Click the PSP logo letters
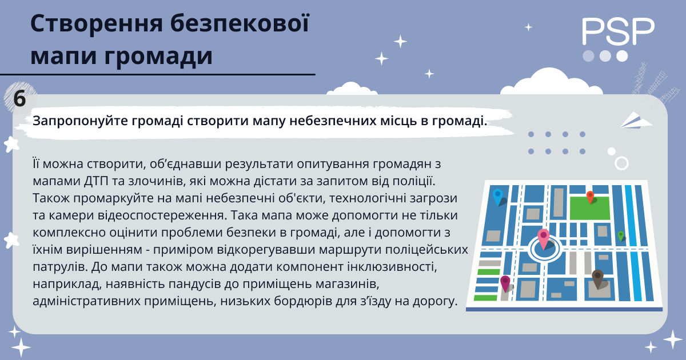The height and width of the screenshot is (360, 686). [x=618, y=31]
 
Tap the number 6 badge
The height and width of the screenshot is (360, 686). [x=20, y=98]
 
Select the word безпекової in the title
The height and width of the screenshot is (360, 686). [x=240, y=23]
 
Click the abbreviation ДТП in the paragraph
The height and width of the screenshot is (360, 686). [x=96, y=181]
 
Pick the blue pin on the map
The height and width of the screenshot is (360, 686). [x=498, y=197]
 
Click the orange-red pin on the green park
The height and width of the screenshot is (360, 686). [x=590, y=197]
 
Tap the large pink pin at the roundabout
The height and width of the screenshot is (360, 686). [x=543, y=238]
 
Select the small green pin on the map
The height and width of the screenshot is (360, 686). [x=621, y=236]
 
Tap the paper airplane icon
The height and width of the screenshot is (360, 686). [x=636, y=121]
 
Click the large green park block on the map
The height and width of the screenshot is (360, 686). [x=589, y=208]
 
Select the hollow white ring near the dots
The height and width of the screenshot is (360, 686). [x=622, y=163]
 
